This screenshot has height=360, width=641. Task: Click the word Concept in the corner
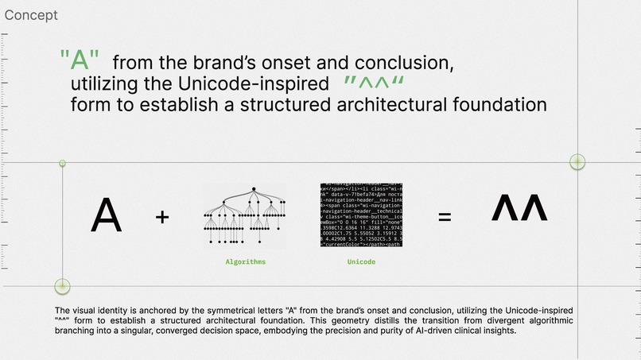(29, 15)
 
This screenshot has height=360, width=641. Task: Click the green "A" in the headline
(80, 60)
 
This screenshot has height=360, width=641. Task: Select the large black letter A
(107, 215)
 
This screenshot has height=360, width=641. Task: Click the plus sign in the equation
(162, 216)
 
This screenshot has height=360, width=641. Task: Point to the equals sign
(445, 217)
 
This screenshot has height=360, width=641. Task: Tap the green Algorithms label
(246, 261)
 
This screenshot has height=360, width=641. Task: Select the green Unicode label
(361, 261)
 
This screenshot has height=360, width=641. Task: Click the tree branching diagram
(246, 215)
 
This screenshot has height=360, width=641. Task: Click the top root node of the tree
(253, 189)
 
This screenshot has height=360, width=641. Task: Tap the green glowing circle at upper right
(578, 162)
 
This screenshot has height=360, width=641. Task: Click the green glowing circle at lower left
(62, 286)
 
